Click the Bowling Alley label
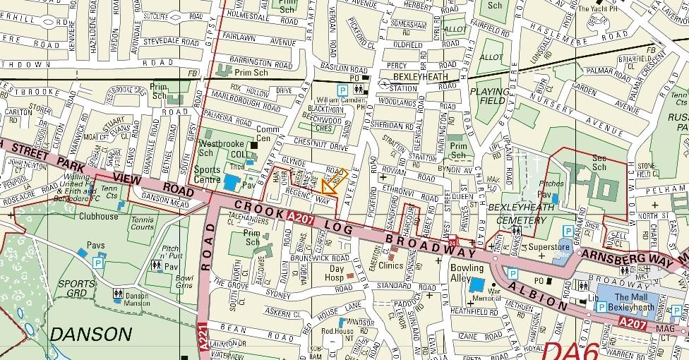[467, 273]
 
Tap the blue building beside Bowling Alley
[477, 285]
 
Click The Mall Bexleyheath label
[630, 301]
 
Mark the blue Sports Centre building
[232, 181]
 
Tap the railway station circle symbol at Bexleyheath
[384, 83]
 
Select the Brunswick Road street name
[320, 258]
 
